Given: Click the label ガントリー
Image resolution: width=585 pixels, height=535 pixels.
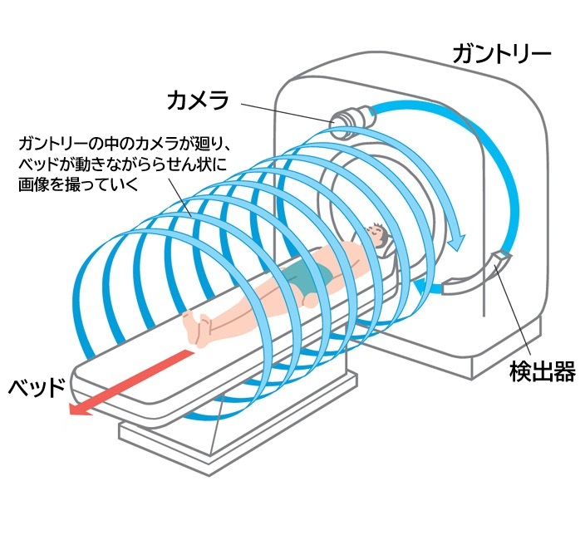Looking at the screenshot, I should [x=501, y=55].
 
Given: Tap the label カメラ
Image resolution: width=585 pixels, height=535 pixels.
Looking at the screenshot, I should [x=197, y=101].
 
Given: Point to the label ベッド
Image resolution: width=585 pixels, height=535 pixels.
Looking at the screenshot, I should [x=37, y=387].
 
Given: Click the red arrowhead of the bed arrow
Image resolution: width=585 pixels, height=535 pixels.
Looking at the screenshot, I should [x=80, y=408].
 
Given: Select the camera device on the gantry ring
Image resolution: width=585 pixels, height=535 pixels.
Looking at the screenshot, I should [x=349, y=121].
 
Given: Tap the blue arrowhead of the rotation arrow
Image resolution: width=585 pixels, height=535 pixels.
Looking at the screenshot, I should [x=455, y=241].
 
